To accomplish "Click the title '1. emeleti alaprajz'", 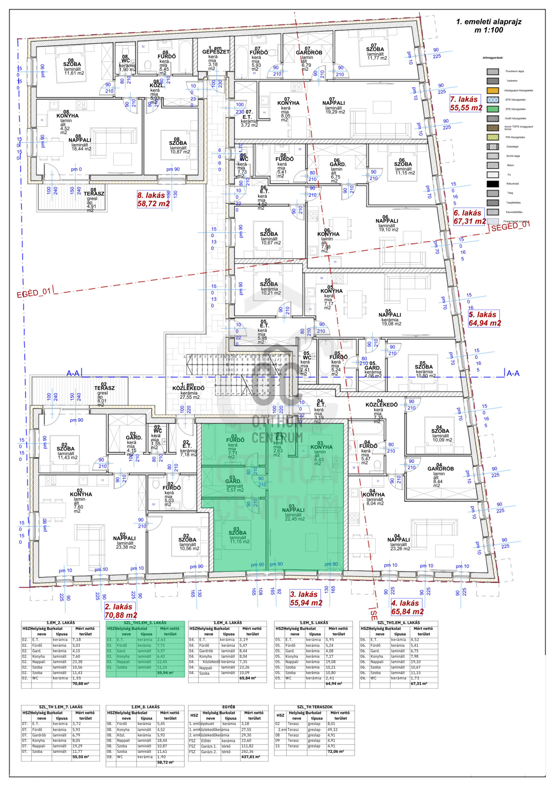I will coord(489,22).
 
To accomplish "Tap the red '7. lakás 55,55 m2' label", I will coord(466,104).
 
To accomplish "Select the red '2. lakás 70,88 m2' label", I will coord(121,611).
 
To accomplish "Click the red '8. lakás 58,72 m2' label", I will coord(153,199).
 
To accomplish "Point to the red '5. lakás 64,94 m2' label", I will coord(484,319).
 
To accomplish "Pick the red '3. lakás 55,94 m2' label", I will coord(306,599).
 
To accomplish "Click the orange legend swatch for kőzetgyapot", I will coord(492,90).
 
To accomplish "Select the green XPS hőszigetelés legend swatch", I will coord(492,109).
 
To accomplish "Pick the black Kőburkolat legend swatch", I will coord(492,184).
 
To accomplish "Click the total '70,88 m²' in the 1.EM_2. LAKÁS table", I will coord(81,684).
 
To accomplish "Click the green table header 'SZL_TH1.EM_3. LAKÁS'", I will coord(145,623).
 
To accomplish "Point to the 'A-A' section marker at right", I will coord(513,373).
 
